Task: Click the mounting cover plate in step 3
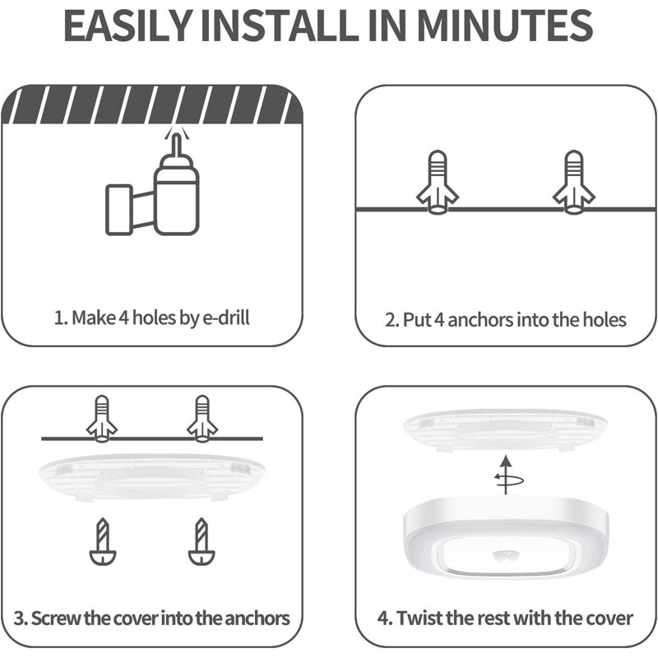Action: coord(153,477)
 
